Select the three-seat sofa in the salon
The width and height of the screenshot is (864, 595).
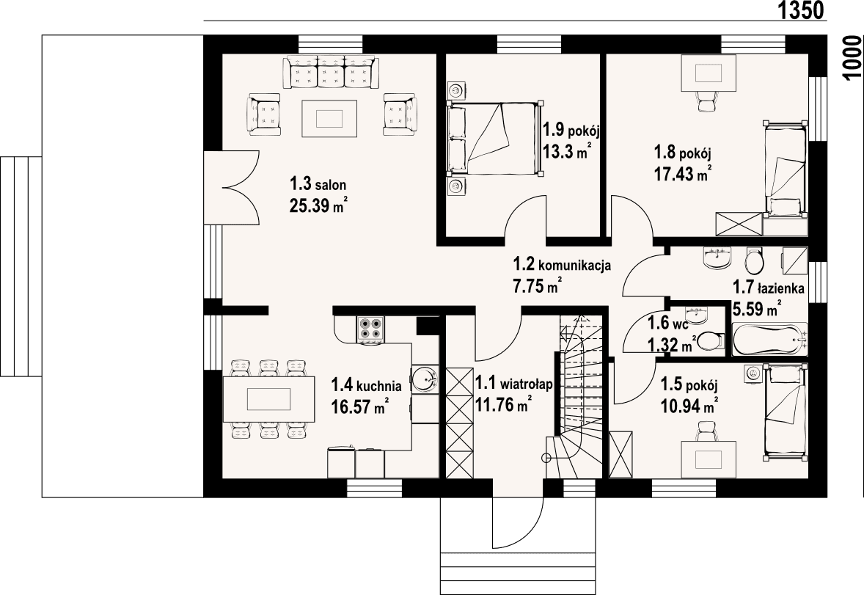(333, 72)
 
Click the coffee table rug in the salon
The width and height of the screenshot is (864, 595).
(330, 118)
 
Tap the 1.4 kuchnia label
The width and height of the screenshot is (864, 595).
(366, 384)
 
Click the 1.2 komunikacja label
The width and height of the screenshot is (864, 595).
(562, 265)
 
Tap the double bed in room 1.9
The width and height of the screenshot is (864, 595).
(494, 139)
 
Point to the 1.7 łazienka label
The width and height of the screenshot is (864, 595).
(769, 289)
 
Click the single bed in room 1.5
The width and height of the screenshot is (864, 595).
(786, 410)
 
